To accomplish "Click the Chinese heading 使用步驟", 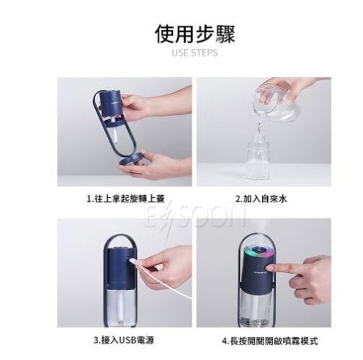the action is pos(194,35).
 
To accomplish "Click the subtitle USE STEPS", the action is pos(194,53).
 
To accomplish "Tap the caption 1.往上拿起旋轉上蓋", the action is pos(125,199).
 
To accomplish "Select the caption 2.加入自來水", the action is pos(261,199).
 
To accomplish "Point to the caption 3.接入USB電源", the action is pos(124,341).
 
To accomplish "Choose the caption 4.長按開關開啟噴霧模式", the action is pos(270,341).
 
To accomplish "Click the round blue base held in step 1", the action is pos(134,161).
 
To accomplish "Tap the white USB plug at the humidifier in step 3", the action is pos(133,261).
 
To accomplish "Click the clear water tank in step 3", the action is pos(120,307).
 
